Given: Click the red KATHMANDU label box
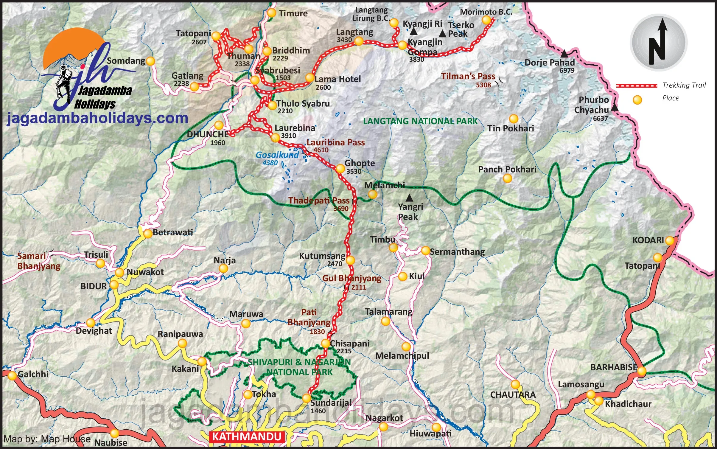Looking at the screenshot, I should click(247, 437).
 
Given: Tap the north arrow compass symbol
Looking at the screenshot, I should click(659, 43).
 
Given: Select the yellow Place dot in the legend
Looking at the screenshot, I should click(637, 100).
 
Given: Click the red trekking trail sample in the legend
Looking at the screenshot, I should click(636, 86).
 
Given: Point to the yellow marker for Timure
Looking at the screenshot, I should click(271, 13).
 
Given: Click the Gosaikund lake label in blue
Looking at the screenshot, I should click(277, 155).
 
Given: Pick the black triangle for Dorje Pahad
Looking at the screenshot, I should click(564, 54).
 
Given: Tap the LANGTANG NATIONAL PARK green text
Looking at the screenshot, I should click(420, 121).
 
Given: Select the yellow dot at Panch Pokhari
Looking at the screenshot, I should click(507, 178).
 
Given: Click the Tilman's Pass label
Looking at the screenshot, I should click(468, 76).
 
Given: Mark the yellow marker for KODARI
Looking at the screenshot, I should click(670, 240).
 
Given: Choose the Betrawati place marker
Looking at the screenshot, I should click(148, 234).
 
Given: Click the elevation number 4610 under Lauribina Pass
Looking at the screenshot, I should click(321, 150).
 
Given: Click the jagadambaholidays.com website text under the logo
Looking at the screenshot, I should click(97, 118).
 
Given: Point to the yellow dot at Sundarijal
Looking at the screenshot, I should click(307, 398).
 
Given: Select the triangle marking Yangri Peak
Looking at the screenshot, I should click(410, 198).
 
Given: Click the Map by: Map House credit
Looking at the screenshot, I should click(47, 439).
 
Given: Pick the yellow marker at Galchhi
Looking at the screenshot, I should click(12, 375).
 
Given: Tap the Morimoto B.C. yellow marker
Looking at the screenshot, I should click(486, 20).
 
